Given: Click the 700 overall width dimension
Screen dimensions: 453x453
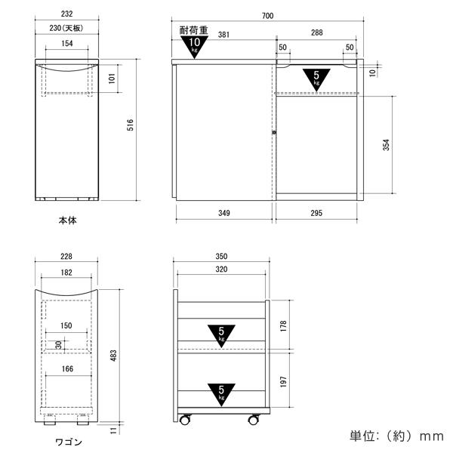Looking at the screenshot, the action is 267,16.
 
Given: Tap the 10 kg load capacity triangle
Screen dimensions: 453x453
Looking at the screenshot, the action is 194,46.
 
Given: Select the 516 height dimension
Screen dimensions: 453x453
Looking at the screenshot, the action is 131,125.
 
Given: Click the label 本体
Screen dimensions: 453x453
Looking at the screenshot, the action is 68,220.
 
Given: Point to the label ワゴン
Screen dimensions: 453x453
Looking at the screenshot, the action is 69,442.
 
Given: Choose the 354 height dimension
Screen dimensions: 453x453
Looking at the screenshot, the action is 387,145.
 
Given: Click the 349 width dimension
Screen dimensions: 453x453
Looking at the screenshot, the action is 224,213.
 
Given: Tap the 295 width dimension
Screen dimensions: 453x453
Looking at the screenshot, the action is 316,213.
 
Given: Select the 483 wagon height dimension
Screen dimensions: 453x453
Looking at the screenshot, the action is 114,356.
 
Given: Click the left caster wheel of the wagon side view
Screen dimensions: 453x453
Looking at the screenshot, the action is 185,419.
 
